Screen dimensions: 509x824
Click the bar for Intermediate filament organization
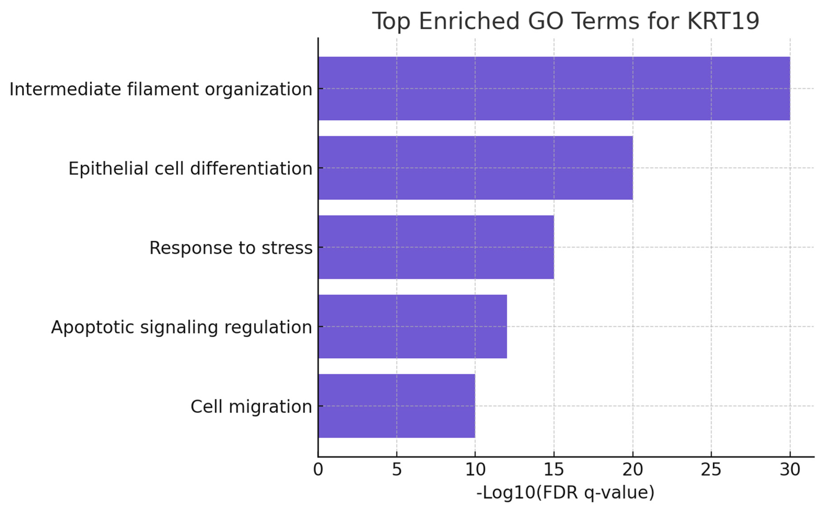click(x=554, y=89)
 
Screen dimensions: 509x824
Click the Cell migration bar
click(x=397, y=406)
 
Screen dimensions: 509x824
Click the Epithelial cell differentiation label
click(x=190, y=168)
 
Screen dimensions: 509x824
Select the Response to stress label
click(x=231, y=248)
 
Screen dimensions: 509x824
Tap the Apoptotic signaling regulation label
click(x=181, y=327)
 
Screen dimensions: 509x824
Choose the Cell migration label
click(x=251, y=407)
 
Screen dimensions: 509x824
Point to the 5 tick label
click(x=397, y=469)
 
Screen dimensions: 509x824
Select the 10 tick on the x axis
click(x=475, y=469)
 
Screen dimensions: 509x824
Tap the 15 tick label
click(x=554, y=469)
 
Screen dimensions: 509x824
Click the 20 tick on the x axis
click(x=633, y=469)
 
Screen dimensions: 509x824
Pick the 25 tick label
click(x=711, y=469)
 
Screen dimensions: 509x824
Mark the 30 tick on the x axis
click(x=790, y=469)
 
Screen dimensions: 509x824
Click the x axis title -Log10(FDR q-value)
click(x=565, y=492)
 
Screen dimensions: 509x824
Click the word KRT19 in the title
click(x=723, y=21)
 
